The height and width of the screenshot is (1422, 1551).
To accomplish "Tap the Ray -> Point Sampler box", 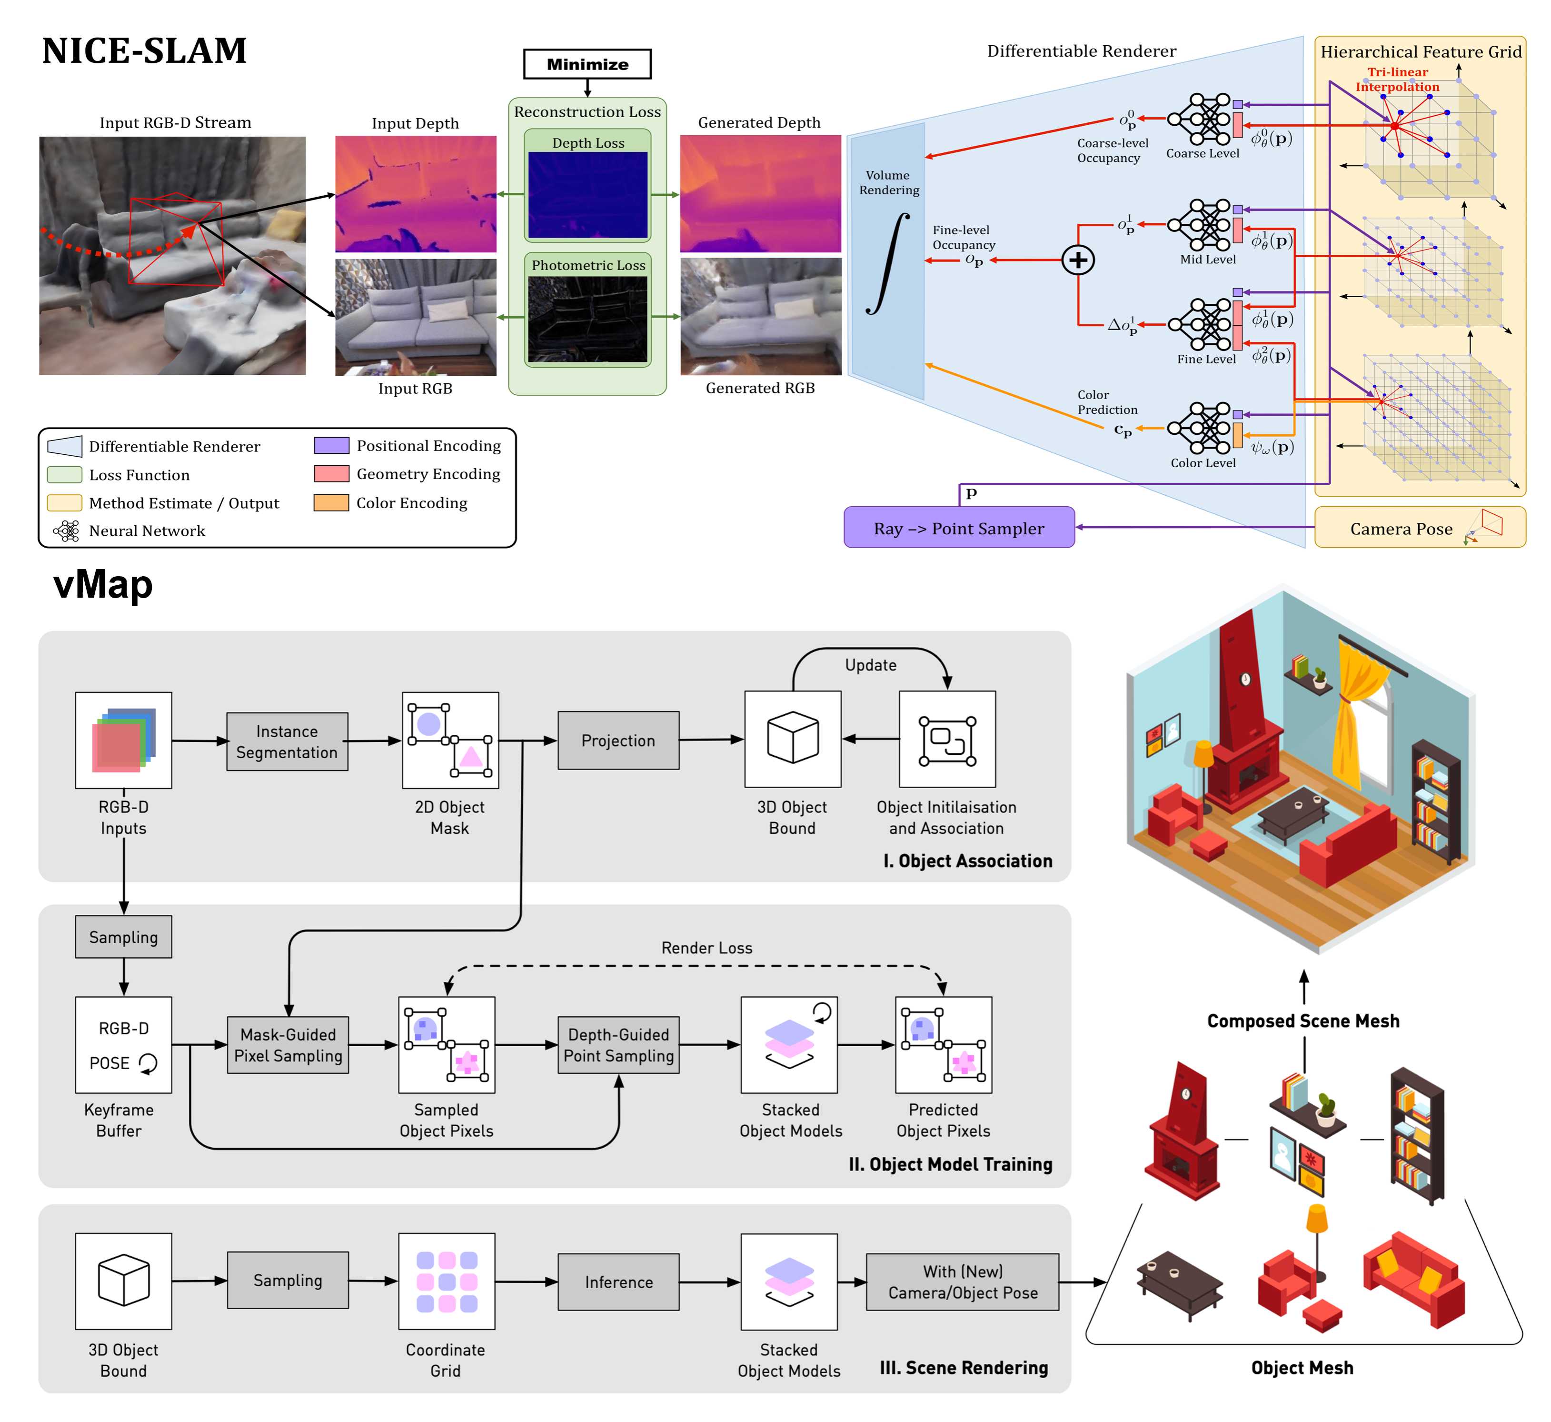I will tap(959, 528).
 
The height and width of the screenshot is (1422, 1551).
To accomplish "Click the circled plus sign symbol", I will tap(1078, 260).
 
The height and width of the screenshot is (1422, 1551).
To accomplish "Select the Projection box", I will tap(618, 740).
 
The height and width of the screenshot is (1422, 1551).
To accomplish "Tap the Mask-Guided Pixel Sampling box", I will tap(288, 1044).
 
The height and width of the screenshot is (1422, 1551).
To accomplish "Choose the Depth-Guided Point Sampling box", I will tap(618, 1044).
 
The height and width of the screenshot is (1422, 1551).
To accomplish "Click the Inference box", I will tap(618, 1282).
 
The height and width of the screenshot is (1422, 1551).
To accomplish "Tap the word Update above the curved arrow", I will tap(870, 665).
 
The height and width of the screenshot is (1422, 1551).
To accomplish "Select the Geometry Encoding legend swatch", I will tap(332, 474).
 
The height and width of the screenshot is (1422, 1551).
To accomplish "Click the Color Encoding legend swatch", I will tap(332, 502).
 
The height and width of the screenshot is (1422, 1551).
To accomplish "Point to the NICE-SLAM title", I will tap(144, 51).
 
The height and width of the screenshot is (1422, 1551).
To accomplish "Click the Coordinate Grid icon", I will tap(446, 1281).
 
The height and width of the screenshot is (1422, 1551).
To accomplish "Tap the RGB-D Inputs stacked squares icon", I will tap(124, 740).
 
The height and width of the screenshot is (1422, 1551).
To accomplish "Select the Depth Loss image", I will tap(588, 195).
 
